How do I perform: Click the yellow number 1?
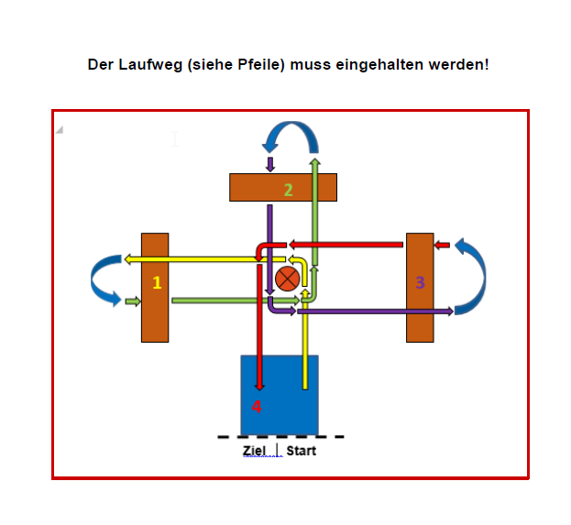157,282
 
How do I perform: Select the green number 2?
288,190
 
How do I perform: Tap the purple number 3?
420,282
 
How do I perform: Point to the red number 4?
257,407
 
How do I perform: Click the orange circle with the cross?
287,279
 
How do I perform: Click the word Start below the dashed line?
302,451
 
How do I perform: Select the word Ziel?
254,451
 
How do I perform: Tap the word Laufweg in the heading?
150,65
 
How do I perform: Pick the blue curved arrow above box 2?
291,126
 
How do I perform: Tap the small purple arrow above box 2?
269,165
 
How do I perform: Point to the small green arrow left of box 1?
133,301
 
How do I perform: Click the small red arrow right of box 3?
442,245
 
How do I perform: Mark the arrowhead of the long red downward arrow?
259,387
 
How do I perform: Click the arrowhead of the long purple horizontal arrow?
450,312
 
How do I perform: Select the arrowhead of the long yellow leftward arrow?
127,259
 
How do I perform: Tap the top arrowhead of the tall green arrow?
315,161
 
